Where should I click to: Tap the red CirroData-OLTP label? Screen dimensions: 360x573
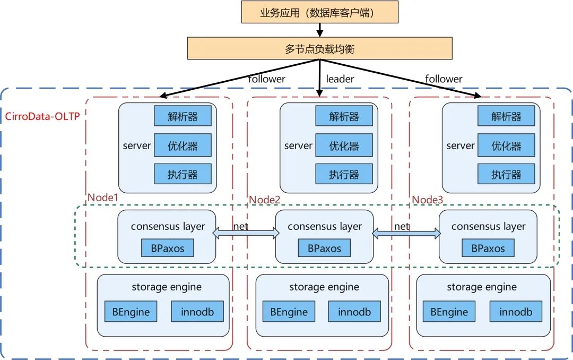click(x=42, y=116)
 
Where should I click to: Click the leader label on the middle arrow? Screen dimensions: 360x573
click(x=340, y=79)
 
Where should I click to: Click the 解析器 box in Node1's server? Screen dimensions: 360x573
click(x=183, y=116)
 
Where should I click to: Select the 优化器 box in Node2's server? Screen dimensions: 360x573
click(x=344, y=145)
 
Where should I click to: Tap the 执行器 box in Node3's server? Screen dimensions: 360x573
click(x=506, y=174)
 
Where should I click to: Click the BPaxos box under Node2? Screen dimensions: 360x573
click(x=324, y=247)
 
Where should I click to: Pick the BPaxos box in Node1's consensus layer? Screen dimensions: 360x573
click(x=167, y=247)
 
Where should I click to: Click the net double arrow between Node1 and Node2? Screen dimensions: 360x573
click(x=246, y=233)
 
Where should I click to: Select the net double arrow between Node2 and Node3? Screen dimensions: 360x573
click(x=406, y=233)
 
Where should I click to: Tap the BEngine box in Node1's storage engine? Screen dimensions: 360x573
click(x=131, y=312)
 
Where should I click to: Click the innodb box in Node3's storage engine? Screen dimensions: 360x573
click(x=516, y=312)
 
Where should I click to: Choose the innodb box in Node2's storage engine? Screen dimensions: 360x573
click(x=354, y=312)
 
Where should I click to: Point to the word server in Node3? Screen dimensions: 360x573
click(x=460, y=145)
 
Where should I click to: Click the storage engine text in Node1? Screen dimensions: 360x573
click(x=167, y=287)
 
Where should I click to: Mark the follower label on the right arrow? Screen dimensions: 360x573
click(x=444, y=79)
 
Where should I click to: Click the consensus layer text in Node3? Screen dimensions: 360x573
click(x=488, y=227)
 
